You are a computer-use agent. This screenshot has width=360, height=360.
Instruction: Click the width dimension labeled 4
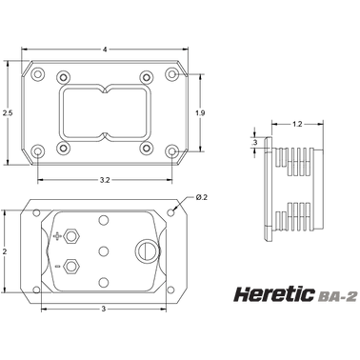tap(104, 48)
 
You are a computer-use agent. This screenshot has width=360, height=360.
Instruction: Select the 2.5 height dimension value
tap(9, 112)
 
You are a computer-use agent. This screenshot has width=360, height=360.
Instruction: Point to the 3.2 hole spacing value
tap(104, 178)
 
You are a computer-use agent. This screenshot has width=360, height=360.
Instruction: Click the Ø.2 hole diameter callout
tap(202, 197)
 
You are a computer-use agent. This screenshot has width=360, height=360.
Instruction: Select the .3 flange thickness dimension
tap(254, 142)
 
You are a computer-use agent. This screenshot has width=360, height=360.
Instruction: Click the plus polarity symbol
tap(57, 235)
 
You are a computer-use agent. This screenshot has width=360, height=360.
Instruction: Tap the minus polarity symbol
tap(57, 266)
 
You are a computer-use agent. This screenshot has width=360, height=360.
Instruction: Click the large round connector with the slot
tap(148, 250)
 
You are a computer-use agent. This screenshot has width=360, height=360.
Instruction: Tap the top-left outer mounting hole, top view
tap(36, 74)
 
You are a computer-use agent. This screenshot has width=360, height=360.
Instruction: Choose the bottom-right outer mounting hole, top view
tap(171, 150)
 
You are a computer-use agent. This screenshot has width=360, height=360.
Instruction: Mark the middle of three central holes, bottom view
tap(104, 250)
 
